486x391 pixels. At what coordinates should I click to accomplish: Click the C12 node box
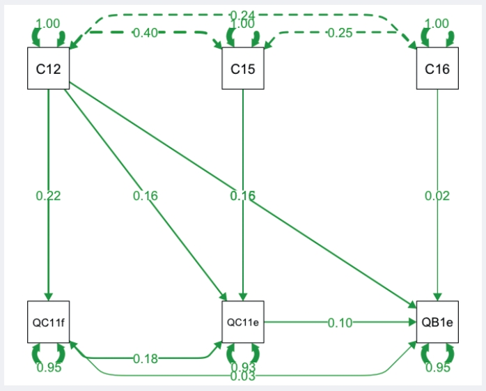click(x=48, y=68)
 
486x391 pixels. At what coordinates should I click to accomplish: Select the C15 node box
click(x=243, y=68)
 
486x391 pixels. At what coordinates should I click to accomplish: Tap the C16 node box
click(x=437, y=68)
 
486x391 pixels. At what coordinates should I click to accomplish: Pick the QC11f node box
click(x=48, y=322)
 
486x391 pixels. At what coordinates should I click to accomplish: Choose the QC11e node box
click(x=243, y=322)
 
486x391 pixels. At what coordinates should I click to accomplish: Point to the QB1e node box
click(x=437, y=322)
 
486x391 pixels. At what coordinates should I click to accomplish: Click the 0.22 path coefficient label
click(x=48, y=196)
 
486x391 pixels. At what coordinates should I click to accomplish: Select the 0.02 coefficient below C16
click(x=437, y=196)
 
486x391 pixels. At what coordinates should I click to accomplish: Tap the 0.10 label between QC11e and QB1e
click(x=340, y=322)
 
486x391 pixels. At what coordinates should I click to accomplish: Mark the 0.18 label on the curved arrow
click(x=146, y=359)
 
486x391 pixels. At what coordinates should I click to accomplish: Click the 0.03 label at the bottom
click(x=243, y=376)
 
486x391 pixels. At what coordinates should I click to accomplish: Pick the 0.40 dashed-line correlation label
click(x=146, y=33)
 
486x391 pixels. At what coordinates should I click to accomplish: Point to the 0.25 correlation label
click(x=340, y=33)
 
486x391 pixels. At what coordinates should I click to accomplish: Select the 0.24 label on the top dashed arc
click(x=242, y=15)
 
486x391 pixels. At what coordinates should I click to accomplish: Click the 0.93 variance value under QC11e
click(x=243, y=367)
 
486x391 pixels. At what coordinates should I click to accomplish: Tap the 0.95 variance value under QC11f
click(x=48, y=367)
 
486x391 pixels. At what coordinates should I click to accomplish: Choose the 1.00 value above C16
click(x=437, y=24)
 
